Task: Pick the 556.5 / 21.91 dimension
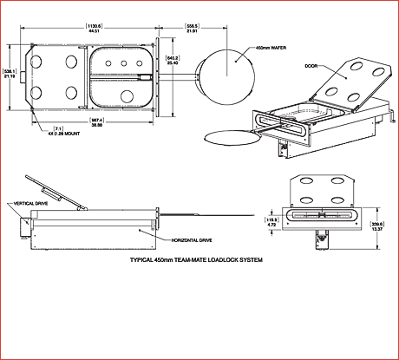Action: [x=193, y=28]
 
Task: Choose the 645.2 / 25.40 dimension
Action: [x=172, y=61]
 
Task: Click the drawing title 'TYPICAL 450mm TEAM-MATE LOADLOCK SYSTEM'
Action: [x=195, y=260]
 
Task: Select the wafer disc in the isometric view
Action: [x=229, y=136]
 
